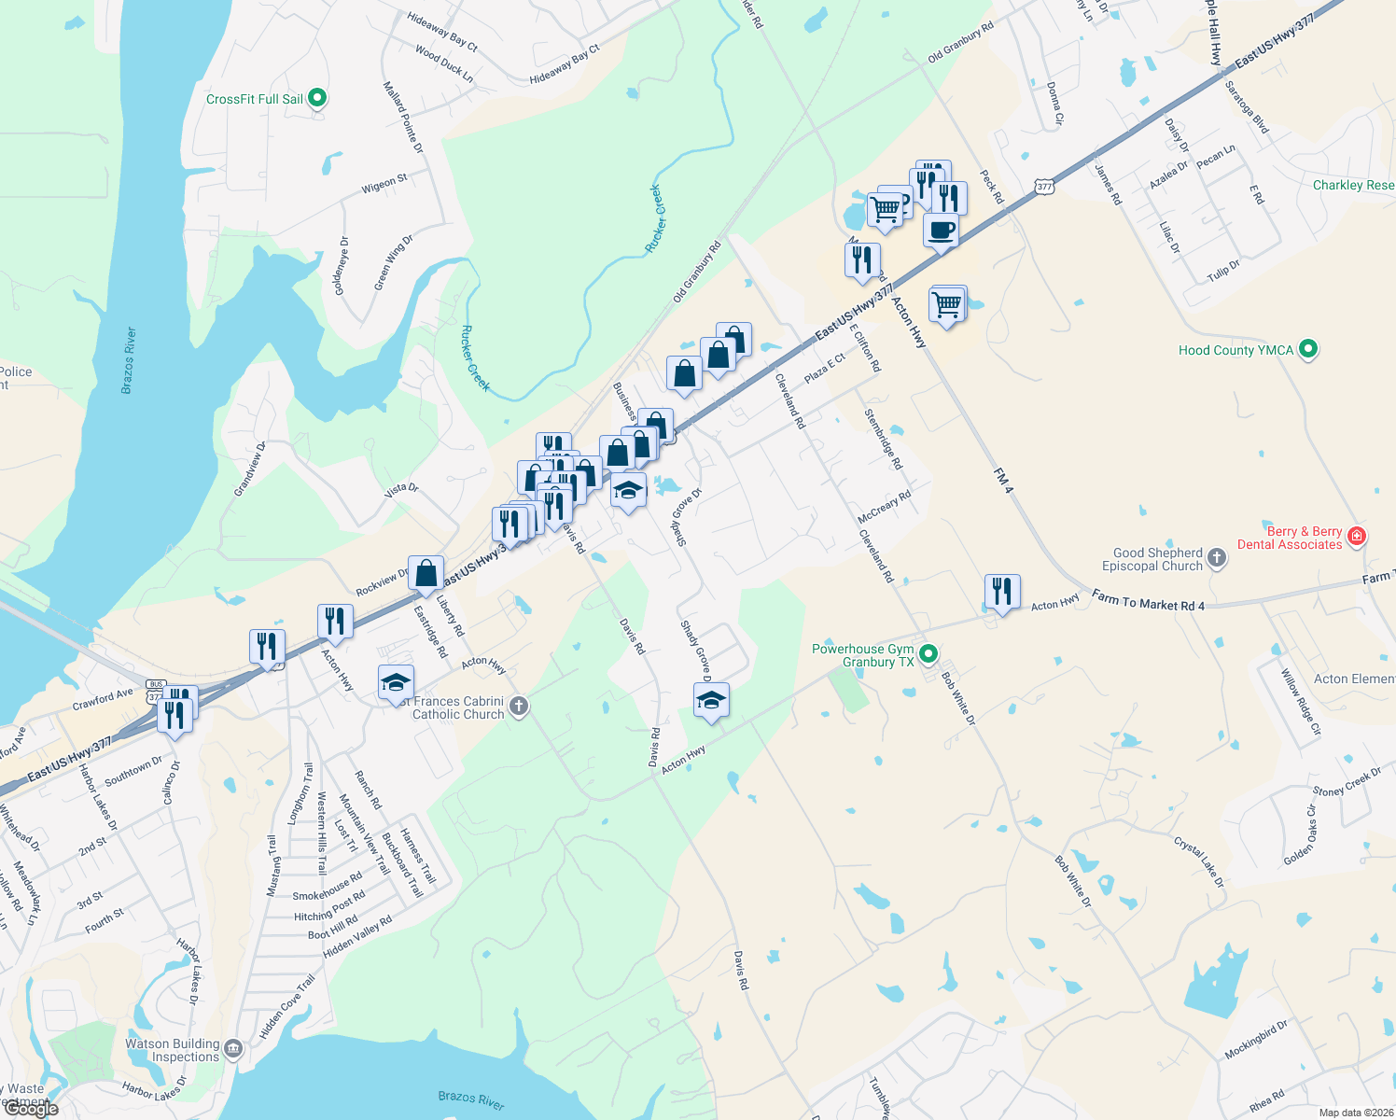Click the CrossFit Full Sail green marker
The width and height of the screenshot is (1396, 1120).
pos(317,98)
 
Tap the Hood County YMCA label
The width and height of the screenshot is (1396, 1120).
pos(1235,350)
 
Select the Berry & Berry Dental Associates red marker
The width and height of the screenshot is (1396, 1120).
pos(1357,537)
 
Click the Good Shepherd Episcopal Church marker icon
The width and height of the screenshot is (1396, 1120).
pos(1216,559)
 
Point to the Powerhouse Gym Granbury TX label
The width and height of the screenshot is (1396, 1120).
pos(863,655)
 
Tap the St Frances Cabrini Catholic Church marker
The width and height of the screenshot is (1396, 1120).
pos(520,707)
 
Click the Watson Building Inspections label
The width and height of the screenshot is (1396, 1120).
pos(173,1050)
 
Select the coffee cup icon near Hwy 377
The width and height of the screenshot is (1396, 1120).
pos(941,231)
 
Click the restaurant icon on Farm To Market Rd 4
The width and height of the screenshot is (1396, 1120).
pos(1001,592)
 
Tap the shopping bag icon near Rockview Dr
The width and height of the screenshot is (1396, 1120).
pos(426,573)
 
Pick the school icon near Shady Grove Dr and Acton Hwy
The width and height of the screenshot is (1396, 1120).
pos(711,700)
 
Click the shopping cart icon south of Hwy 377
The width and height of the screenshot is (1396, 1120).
pos(947,304)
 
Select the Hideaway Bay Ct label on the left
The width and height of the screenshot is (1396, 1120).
pos(442,32)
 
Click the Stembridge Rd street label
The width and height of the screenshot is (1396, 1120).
pos(883,439)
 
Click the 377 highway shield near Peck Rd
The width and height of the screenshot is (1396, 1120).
pos(1044,187)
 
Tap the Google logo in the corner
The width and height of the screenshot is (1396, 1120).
pos(31,1109)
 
